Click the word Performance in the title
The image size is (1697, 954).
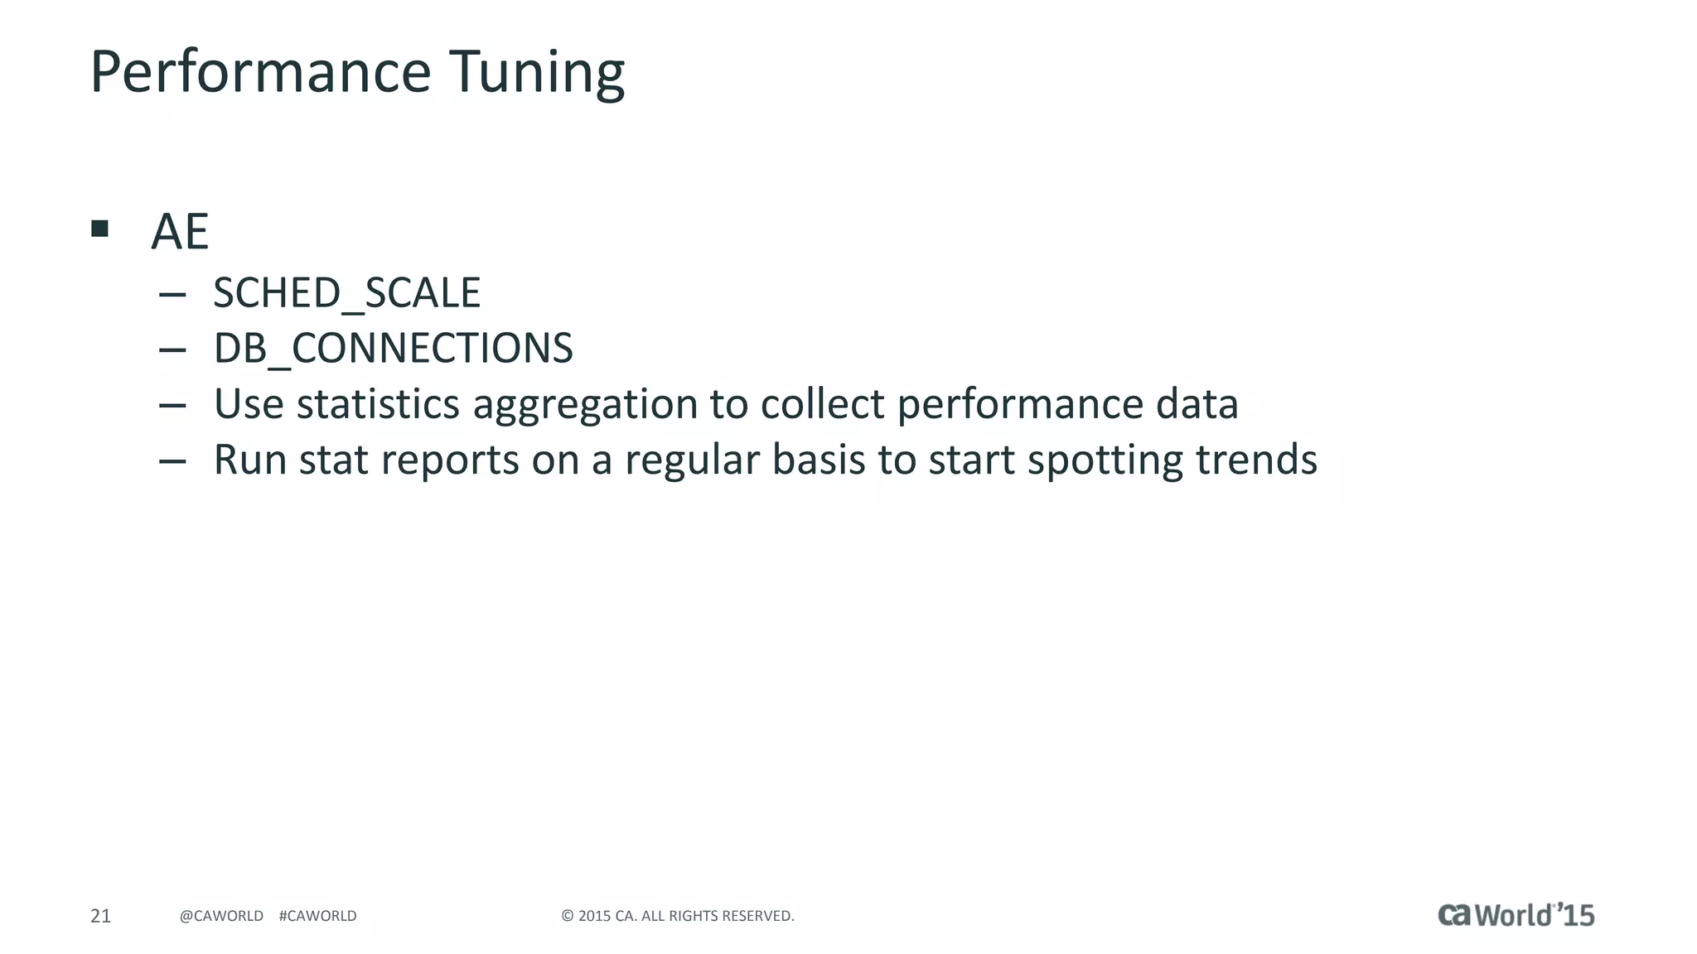[260, 73]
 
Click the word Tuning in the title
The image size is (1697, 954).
[537, 73]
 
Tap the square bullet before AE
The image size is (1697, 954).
[100, 229]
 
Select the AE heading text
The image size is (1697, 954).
[179, 232]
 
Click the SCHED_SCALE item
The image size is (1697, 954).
[346, 293]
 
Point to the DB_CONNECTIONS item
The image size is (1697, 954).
[393, 349]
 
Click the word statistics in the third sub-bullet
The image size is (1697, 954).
[378, 404]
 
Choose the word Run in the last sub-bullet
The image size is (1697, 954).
[249, 460]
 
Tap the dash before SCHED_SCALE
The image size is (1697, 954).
[172, 294]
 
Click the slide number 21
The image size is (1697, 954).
[100, 916]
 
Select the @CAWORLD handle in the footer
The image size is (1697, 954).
[221, 916]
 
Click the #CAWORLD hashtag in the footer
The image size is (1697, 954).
[317, 916]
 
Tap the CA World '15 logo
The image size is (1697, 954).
[1516, 914]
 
